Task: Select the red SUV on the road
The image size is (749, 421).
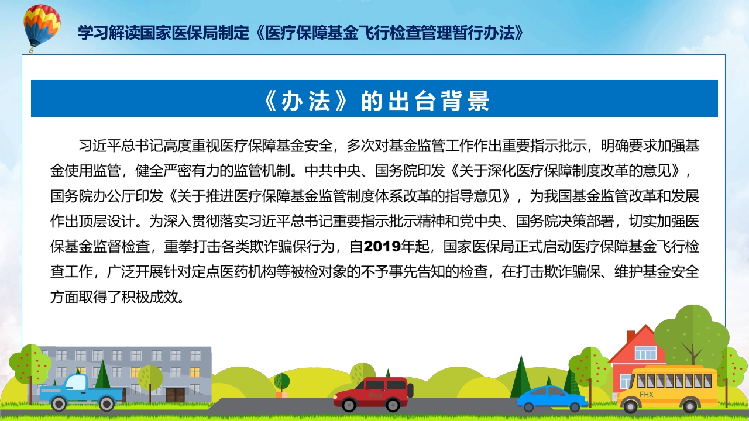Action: coord(373,393)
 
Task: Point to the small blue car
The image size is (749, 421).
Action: coord(552,399)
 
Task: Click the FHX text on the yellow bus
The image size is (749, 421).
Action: coord(647,395)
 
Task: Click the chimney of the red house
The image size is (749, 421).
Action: coord(630,337)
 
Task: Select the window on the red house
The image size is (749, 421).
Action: coord(645,353)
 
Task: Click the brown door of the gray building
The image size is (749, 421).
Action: coord(175,395)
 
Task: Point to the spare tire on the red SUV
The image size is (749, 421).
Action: coord(410,391)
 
